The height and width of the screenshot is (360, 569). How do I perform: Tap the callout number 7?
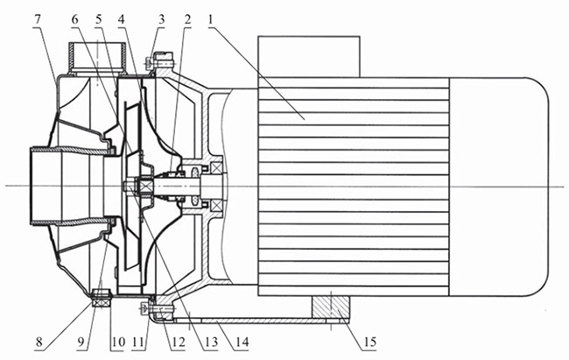tap(37, 16)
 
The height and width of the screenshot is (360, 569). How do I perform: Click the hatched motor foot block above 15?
tap(332, 308)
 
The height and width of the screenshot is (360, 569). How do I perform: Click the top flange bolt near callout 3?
tap(163, 59)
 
